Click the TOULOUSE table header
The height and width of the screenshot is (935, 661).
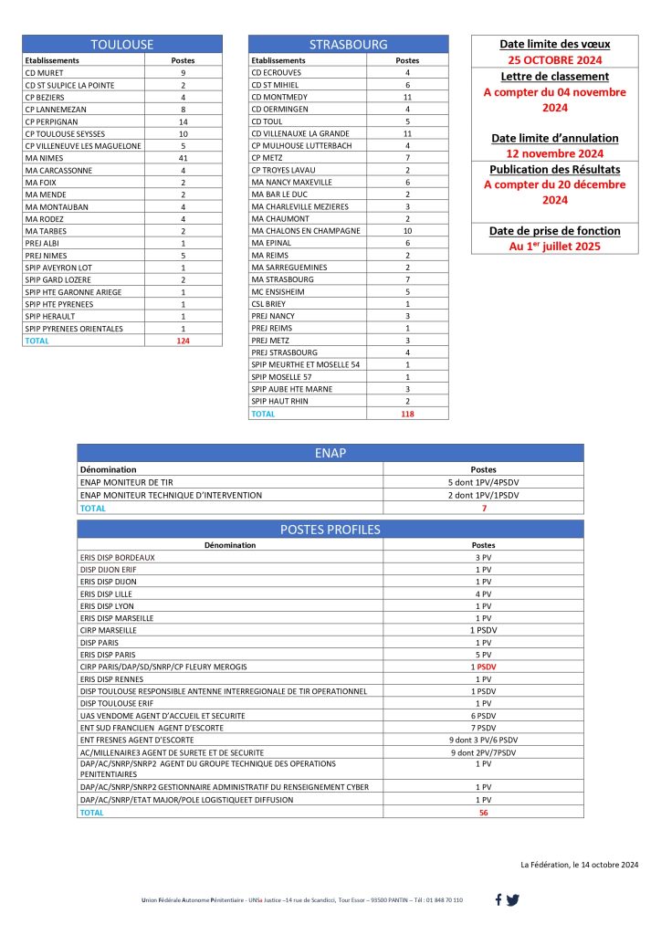tap(122, 44)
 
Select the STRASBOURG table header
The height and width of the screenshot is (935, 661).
tap(348, 44)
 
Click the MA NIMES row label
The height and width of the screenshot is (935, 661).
tap(45, 158)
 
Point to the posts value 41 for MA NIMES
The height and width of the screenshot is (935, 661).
tap(183, 158)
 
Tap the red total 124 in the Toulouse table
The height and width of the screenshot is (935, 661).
tap(183, 341)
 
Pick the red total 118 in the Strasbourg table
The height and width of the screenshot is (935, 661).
tap(407, 414)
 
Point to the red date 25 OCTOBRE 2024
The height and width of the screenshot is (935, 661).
tap(554, 59)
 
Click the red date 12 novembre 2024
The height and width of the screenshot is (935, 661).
tap(554, 153)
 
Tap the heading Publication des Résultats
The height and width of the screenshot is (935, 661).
tap(554, 169)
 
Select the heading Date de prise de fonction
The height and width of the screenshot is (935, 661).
tap(554, 230)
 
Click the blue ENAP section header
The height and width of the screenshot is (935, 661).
tap(330, 453)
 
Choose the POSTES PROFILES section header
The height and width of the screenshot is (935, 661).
tap(330, 530)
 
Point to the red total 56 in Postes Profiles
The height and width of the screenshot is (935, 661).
tap(483, 812)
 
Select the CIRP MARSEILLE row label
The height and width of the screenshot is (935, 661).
tap(109, 630)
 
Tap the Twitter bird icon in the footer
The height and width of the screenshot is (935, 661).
tap(513, 900)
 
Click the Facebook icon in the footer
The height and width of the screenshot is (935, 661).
tap(498, 900)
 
